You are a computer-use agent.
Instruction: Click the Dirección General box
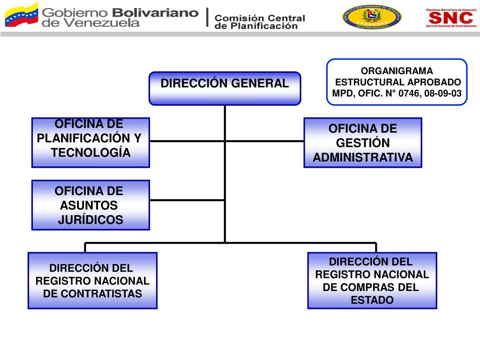click(x=225, y=88)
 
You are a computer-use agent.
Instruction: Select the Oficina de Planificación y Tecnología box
click(x=90, y=142)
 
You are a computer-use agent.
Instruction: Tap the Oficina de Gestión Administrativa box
click(x=363, y=142)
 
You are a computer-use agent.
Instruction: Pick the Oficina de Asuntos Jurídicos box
click(x=90, y=205)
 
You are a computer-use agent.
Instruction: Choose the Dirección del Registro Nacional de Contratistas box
click(x=92, y=280)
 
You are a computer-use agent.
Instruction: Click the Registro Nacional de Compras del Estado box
click(x=372, y=280)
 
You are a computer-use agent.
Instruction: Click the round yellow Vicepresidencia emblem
click(x=372, y=17)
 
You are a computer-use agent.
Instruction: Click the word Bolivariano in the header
click(x=157, y=13)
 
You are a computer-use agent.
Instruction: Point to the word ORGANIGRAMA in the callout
click(x=397, y=71)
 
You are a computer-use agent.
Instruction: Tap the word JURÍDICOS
click(x=90, y=219)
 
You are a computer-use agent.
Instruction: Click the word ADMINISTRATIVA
click(x=363, y=157)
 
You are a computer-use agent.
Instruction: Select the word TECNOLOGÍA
click(x=90, y=153)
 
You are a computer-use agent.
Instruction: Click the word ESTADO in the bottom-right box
click(x=372, y=300)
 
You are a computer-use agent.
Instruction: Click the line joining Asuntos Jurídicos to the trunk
click(x=187, y=200)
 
